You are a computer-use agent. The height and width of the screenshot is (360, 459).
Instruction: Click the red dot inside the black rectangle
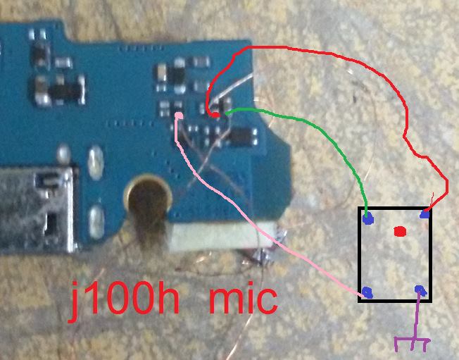click(x=400, y=231)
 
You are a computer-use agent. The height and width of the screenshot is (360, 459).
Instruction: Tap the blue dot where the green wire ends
click(x=368, y=218)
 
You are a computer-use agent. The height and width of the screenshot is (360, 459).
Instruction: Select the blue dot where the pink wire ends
click(x=367, y=292)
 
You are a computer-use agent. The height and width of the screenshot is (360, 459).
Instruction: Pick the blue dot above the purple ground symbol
click(x=421, y=290)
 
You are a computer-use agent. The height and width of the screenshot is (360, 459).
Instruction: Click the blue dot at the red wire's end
click(x=425, y=215)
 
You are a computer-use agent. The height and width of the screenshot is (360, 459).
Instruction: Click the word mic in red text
click(x=243, y=300)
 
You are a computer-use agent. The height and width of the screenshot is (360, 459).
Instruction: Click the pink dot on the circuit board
click(x=179, y=116)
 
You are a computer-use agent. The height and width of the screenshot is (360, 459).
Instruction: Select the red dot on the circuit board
click(x=215, y=115)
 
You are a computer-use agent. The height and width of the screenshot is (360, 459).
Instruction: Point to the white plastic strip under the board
click(x=223, y=238)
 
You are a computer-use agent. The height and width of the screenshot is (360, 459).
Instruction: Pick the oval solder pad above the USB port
click(x=96, y=162)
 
